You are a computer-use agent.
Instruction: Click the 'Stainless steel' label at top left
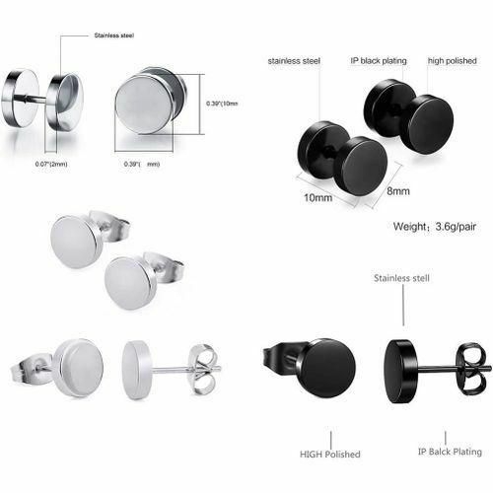click(113, 36)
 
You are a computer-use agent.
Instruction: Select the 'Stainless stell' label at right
click(401, 279)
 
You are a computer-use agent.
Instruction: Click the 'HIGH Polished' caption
click(329, 454)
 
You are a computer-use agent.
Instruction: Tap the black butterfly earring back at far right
click(472, 370)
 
